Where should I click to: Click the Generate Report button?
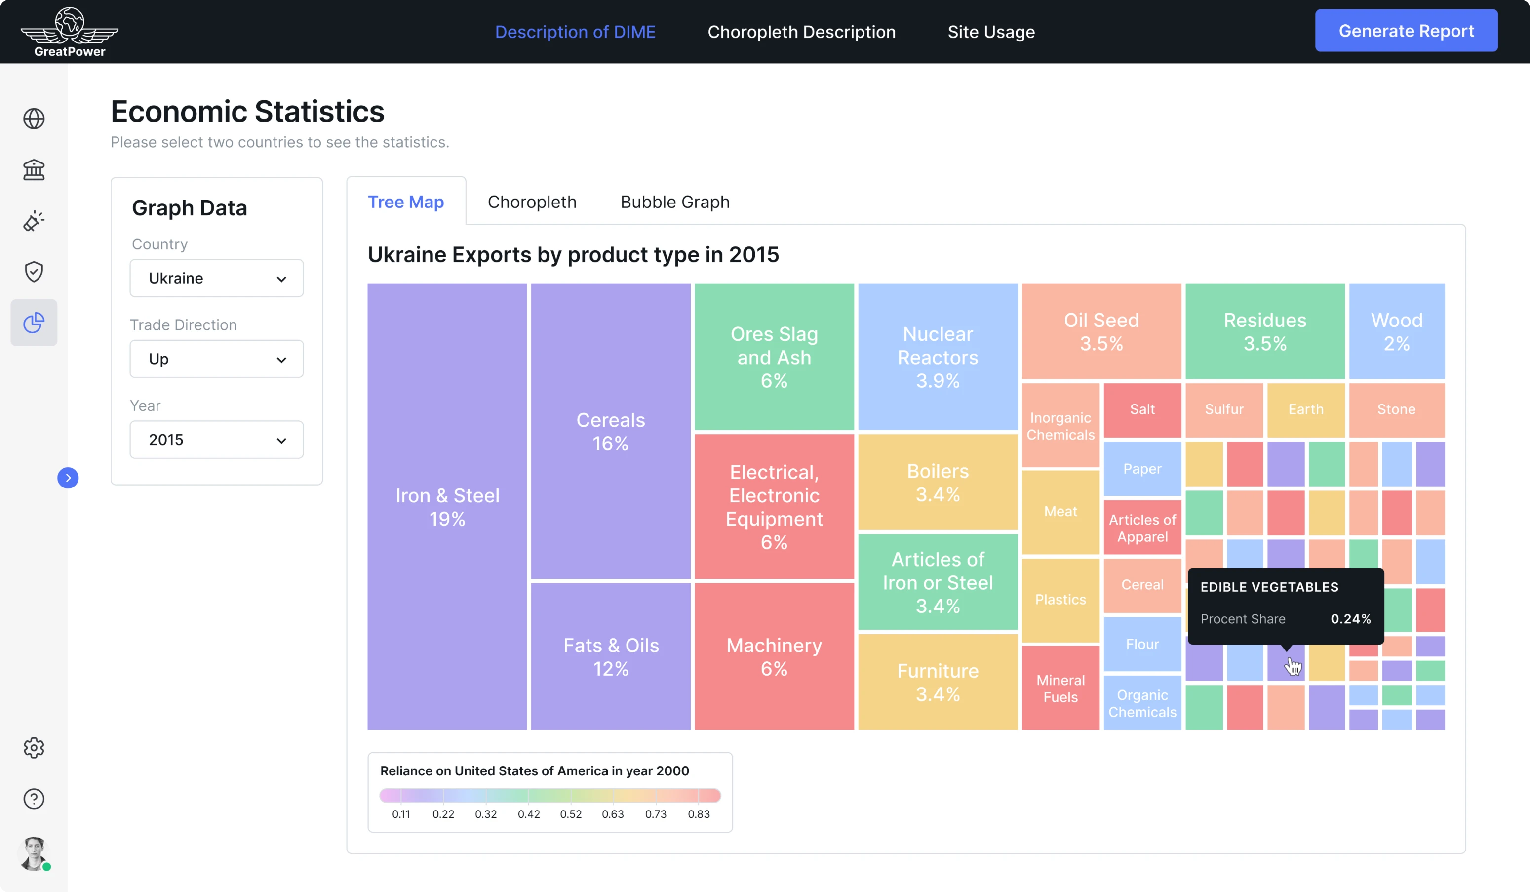point(1406,31)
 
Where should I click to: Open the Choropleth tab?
point(532,202)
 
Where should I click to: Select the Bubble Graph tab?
point(674,202)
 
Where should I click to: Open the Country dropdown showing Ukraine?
point(216,278)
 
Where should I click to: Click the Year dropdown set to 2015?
point(216,440)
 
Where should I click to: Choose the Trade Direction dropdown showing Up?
point(216,359)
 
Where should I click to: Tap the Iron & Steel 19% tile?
point(447,506)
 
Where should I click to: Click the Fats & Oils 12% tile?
point(610,656)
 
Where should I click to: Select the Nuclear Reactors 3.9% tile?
point(938,357)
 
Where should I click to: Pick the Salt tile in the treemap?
point(1141,409)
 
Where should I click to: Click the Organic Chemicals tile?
point(1141,703)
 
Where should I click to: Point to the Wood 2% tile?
point(1396,331)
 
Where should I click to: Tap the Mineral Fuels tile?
point(1060,688)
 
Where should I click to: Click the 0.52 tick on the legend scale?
point(571,813)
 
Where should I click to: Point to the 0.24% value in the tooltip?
point(1350,619)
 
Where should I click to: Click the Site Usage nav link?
point(991,32)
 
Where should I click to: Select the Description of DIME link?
point(575,32)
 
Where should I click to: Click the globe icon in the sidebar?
point(34,119)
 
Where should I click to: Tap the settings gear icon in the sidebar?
point(34,747)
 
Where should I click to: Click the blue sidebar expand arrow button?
point(68,478)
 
